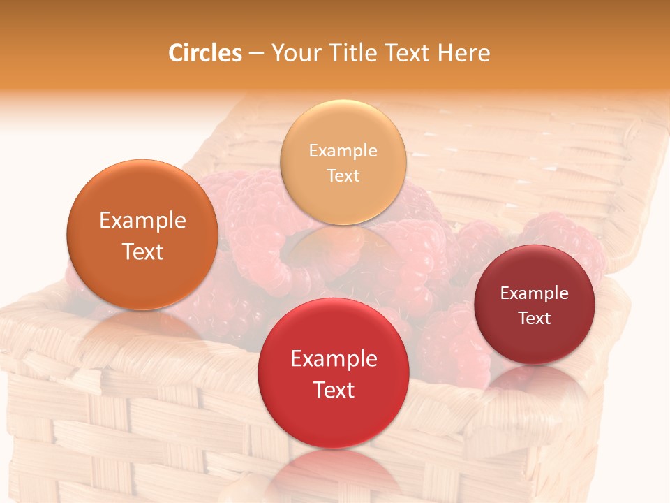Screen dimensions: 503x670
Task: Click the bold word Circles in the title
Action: (205, 53)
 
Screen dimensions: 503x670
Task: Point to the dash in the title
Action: (256, 54)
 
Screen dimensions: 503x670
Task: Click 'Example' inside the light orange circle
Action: (343, 150)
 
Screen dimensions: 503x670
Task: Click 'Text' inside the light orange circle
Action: (343, 175)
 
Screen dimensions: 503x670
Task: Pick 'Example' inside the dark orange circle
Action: (142, 221)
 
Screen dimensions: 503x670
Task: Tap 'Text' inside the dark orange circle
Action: (142, 251)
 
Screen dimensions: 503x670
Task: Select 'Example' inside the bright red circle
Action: (334, 358)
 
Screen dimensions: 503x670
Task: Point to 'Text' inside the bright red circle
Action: (334, 390)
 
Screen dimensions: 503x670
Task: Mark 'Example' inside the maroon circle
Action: (535, 293)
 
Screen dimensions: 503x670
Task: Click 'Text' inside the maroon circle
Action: (535, 318)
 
